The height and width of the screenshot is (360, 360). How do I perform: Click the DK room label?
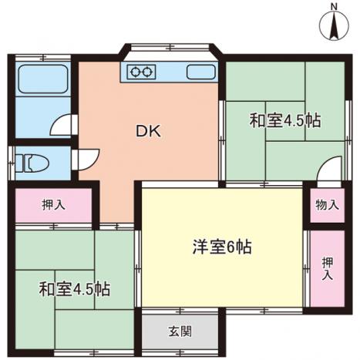[148, 131]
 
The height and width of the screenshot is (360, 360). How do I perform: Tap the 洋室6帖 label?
[222, 247]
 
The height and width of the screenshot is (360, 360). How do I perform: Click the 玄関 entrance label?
[180, 331]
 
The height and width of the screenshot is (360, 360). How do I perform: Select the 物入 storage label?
[326, 205]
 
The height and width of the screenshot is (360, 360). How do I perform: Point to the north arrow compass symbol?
[334, 25]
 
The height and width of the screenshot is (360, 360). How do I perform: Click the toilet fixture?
[32, 163]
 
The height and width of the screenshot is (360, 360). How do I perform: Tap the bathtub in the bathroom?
[43, 79]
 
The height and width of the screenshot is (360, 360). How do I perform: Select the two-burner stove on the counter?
[141, 72]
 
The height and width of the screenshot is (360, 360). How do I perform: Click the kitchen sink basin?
[201, 72]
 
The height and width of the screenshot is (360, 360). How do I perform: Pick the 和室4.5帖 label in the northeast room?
[285, 120]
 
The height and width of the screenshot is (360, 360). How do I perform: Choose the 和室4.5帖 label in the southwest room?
[75, 289]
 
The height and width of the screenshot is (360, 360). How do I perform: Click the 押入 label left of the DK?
[53, 205]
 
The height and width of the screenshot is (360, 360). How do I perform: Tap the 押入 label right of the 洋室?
[328, 268]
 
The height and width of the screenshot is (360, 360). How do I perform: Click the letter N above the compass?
[334, 7]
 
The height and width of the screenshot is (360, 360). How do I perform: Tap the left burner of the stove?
[135, 72]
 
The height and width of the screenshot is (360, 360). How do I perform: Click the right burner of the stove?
[146, 72]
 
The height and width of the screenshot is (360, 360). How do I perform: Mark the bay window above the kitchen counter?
[170, 48]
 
